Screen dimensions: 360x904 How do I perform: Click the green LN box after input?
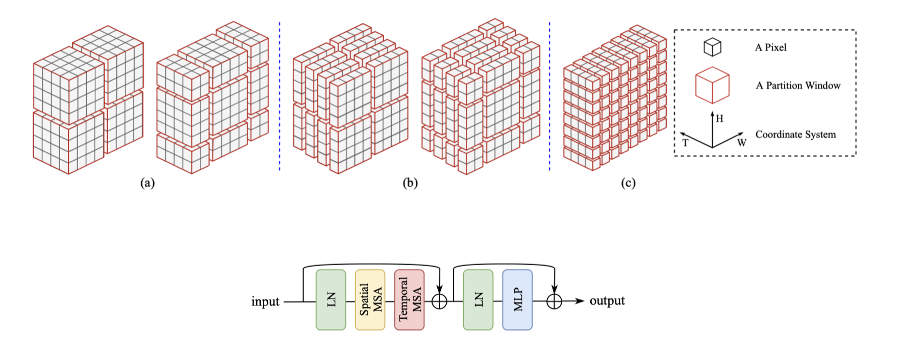click(331, 300)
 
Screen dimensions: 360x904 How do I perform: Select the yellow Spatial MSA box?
click(370, 300)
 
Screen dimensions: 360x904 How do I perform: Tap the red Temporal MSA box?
click(409, 300)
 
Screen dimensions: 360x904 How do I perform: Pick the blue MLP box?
click(517, 300)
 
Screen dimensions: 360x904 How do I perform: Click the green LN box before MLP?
click(478, 300)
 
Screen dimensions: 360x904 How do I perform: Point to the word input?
click(265, 301)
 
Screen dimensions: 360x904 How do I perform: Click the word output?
click(607, 300)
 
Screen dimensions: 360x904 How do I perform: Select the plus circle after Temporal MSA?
click(439, 301)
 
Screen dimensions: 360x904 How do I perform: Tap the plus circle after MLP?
click(554, 301)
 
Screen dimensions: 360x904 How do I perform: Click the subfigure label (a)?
click(147, 183)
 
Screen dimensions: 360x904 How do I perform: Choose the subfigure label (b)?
click(410, 183)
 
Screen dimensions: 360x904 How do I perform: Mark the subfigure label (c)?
click(628, 183)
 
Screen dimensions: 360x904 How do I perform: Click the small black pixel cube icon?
click(712, 47)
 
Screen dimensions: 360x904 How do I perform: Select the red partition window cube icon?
click(712, 85)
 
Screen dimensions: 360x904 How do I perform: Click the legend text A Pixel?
click(770, 47)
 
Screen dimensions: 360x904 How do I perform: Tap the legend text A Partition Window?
click(798, 86)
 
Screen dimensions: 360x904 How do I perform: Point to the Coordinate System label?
click(795, 135)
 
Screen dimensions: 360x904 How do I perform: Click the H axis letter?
click(719, 119)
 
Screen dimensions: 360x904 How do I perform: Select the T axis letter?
click(685, 143)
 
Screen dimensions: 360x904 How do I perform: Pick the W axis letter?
click(741, 143)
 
